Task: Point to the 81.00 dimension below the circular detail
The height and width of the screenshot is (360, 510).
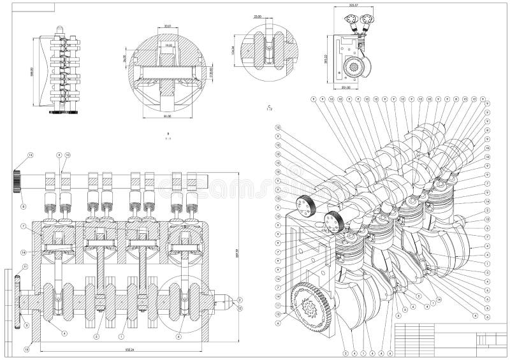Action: tap(168, 117)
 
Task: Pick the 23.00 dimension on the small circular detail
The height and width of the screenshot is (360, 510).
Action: tap(258, 17)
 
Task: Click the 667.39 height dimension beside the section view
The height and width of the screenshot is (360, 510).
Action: tap(238, 255)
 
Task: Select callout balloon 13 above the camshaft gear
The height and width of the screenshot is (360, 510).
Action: tap(30, 155)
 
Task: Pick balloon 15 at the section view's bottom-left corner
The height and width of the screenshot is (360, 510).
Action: tap(27, 349)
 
